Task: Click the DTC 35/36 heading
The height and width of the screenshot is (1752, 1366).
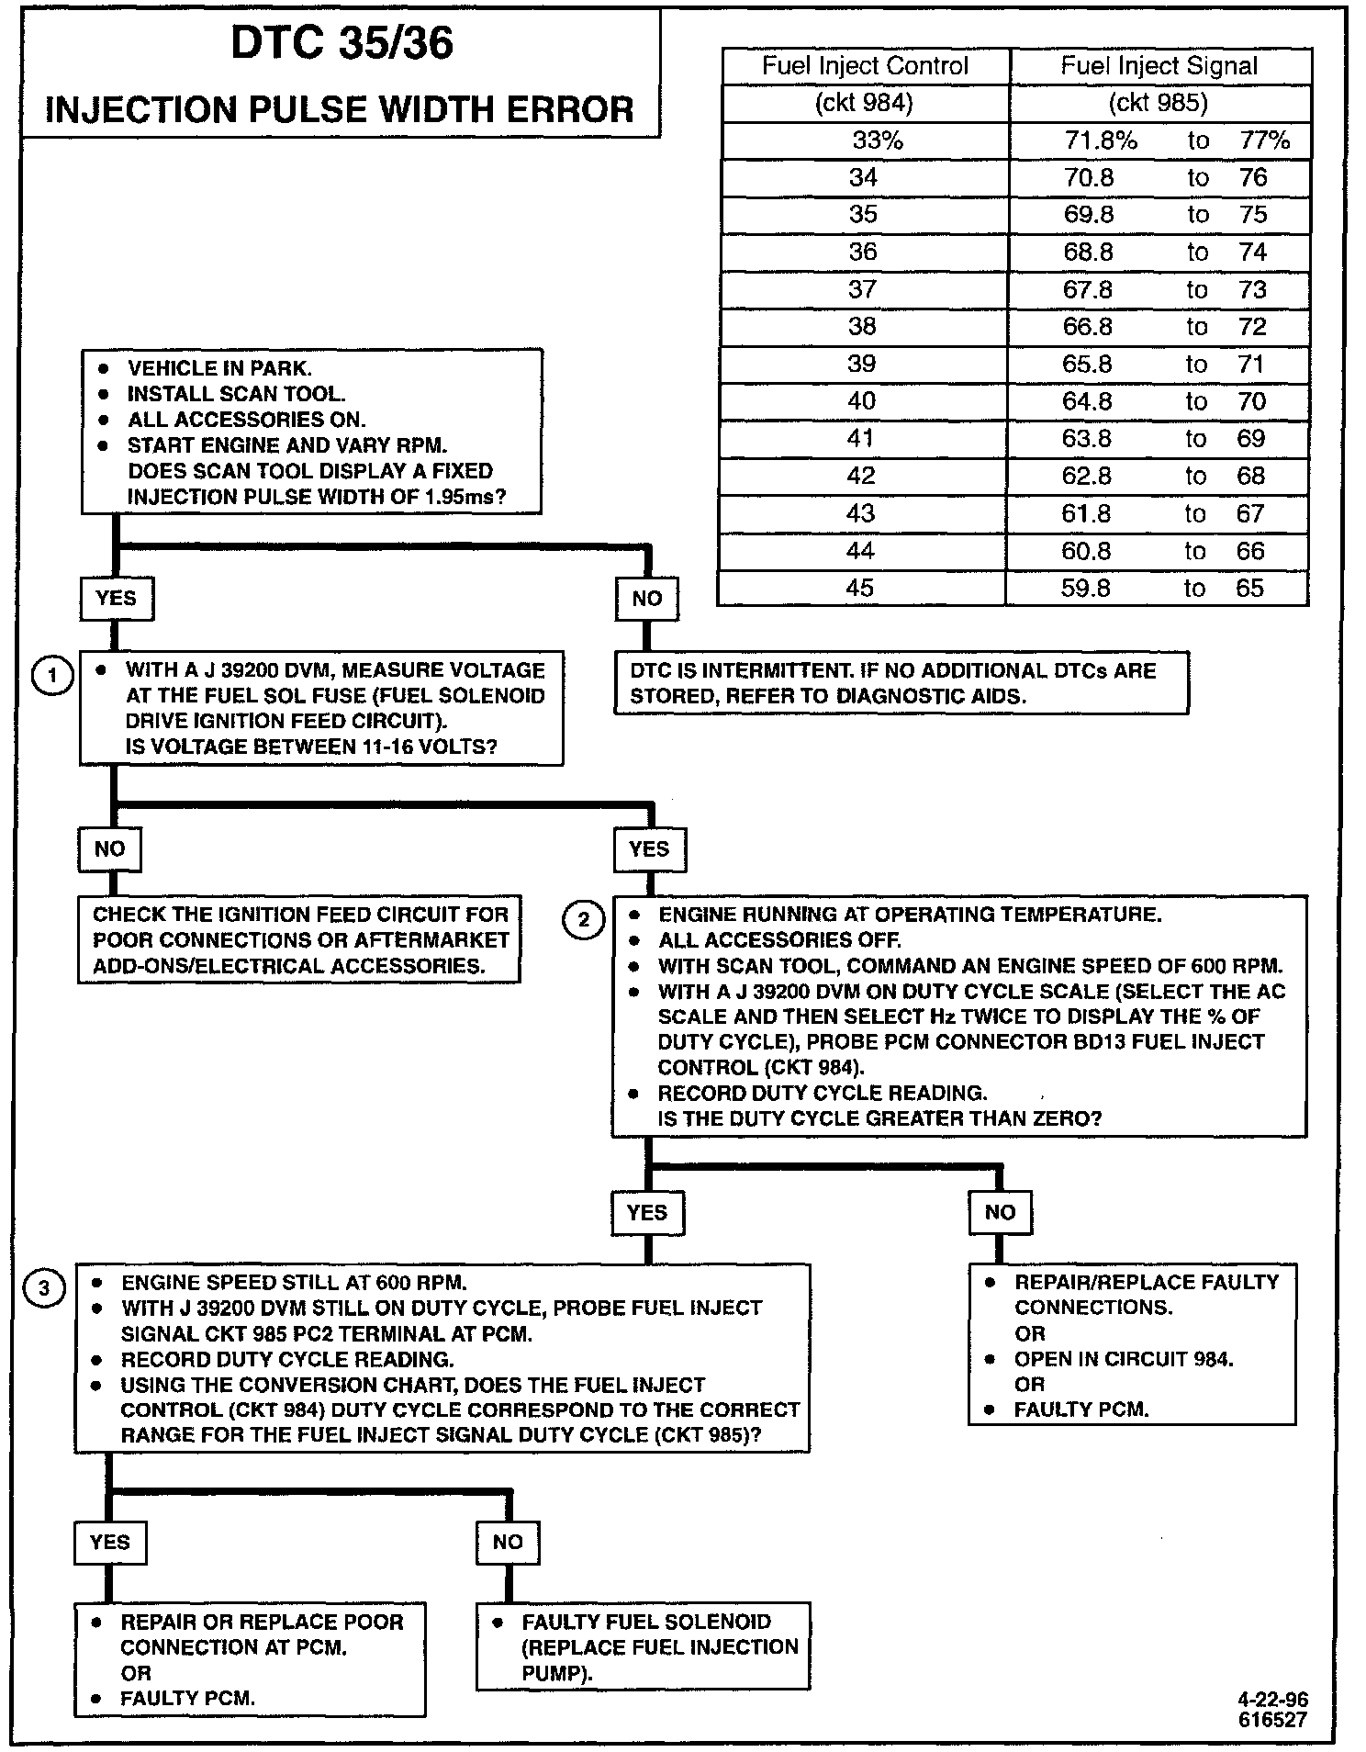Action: [341, 43]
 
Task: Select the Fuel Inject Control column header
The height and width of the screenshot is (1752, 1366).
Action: [865, 66]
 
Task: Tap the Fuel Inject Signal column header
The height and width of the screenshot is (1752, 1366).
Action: [1159, 66]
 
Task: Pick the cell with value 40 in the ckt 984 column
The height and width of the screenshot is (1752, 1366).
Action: [861, 401]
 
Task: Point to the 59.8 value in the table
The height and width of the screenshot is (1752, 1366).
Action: [1086, 588]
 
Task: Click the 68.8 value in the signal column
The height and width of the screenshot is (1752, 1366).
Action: [1088, 253]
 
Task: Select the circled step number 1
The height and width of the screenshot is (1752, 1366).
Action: [52, 677]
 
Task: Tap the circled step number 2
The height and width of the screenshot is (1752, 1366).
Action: [584, 920]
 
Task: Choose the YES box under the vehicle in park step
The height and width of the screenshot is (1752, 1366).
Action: [116, 599]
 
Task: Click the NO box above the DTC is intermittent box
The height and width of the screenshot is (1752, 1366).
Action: [647, 599]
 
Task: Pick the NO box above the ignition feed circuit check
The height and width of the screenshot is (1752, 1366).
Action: [109, 848]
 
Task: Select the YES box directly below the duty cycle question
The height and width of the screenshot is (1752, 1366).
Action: [647, 1213]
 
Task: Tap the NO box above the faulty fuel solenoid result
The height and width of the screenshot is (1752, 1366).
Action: [507, 1542]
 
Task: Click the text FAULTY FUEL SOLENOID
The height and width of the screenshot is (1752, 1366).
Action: [646, 1622]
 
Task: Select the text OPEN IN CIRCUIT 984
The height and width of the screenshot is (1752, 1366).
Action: [1124, 1359]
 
